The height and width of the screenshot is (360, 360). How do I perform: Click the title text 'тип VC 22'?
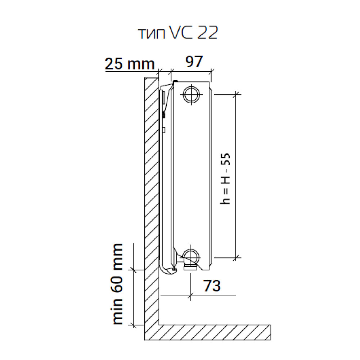click(x=178, y=33)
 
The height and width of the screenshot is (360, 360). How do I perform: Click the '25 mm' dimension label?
click(x=130, y=63)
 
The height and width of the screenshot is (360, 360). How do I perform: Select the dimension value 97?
click(x=194, y=61)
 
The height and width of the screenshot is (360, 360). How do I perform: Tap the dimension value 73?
click(x=212, y=285)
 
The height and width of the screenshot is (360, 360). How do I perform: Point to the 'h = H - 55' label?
click(x=225, y=179)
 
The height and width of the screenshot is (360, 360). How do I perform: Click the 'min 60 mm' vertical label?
click(x=118, y=284)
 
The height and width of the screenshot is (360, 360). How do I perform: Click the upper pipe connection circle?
click(x=191, y=94)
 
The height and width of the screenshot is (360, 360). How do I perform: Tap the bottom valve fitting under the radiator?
click(x=190, y=267)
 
